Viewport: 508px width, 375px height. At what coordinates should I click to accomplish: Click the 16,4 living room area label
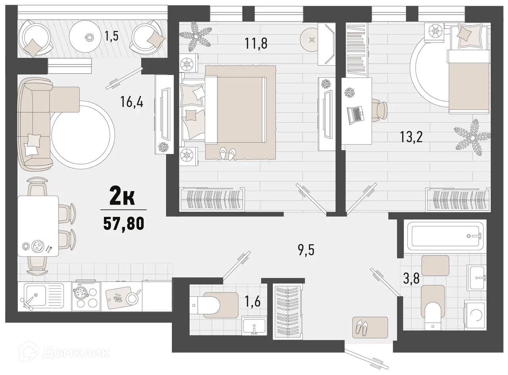coord(132,102)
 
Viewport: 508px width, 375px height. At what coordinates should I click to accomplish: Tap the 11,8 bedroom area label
coord(256,43)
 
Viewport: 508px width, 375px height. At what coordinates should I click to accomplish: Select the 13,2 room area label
coord(412,138)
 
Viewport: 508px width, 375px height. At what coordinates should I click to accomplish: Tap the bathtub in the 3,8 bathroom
coord(444,236)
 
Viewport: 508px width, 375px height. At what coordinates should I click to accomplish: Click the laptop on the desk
coord(355,114)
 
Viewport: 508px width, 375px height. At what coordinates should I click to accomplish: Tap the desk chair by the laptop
coord(380,110)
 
